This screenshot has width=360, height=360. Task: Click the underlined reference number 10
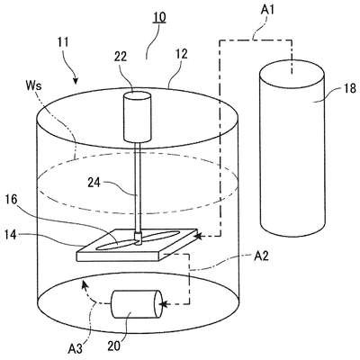point(159,17)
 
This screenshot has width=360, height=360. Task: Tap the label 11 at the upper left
point(62,42)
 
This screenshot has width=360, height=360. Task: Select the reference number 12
point(181,54)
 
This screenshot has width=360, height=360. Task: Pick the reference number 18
point(349,88)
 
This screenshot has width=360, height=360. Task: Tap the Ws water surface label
point(34,86)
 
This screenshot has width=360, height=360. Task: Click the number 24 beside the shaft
point(94,183)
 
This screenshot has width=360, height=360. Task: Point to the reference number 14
point(11,235)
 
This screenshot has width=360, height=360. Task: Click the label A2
point(261,256)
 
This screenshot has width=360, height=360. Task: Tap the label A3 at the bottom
point(75,349)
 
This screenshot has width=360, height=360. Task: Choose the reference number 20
point(114,346)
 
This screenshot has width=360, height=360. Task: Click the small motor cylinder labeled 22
point(137,116)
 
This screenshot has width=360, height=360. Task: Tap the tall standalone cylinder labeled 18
point(292,148)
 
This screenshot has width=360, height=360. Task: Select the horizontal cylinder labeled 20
point(136,304)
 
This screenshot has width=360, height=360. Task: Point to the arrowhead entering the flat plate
point(198,237)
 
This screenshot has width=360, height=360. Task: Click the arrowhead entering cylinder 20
point(163,304)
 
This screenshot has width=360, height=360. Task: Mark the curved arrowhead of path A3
point(85,283)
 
